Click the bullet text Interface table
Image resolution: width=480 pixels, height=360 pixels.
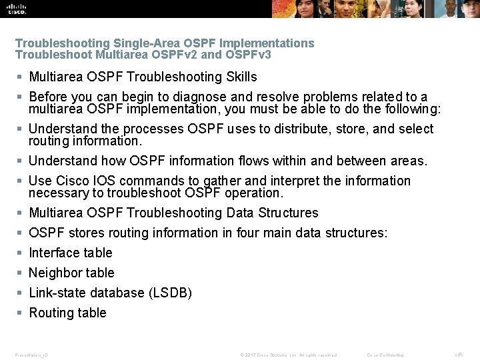tap(71, 253)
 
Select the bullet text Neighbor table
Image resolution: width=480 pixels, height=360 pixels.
tap(71, 273)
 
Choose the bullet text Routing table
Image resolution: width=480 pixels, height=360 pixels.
tap(67, 313)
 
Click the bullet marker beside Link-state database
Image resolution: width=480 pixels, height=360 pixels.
tap(21, 293)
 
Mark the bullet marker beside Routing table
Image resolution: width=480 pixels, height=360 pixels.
tap(21, 313)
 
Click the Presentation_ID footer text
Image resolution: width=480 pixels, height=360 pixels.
tap(31, 355)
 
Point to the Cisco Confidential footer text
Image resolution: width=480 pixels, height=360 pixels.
tap(385, 355)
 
